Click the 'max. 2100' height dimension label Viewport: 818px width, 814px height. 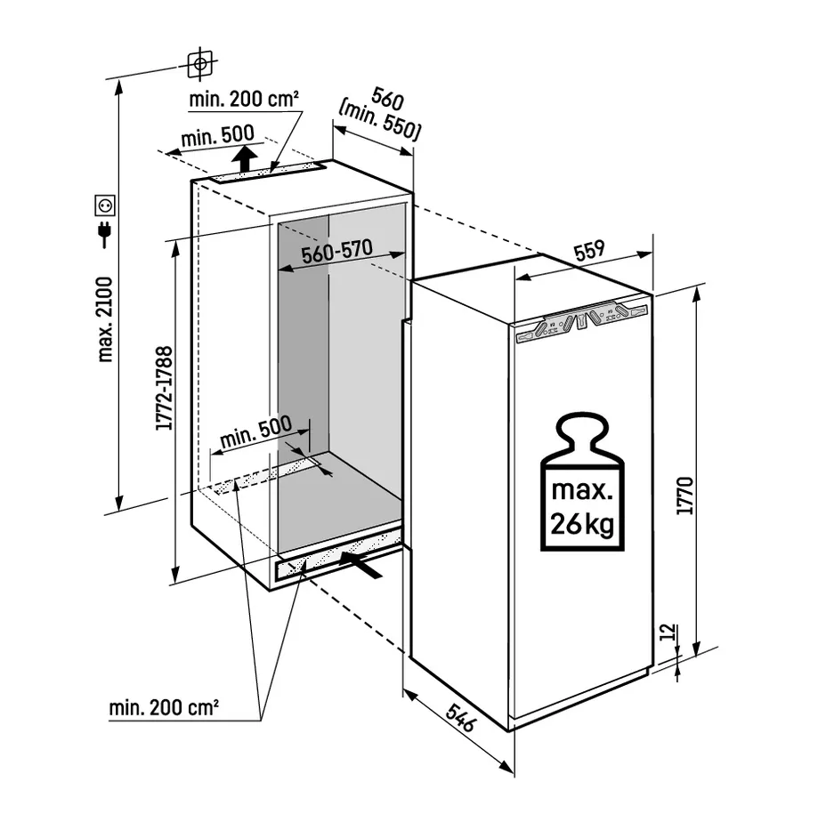pos(105,319)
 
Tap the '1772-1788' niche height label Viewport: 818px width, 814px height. pos(165,388)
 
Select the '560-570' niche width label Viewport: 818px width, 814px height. pos(337,251)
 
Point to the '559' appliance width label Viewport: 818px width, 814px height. pos(589,250)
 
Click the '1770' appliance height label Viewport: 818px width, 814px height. pos(684,496)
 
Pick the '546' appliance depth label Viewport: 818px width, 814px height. pos(460,717)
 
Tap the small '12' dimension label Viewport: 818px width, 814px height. pos(668,632)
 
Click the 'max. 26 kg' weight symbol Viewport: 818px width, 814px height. pos(582,482)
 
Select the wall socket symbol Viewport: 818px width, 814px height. pos(105,205)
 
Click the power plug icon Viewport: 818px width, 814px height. pos(105,234)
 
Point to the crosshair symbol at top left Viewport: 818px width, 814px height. pos(199,64)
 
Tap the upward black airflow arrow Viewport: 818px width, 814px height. pos(244,158)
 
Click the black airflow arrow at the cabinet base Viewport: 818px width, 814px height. pos(360,565)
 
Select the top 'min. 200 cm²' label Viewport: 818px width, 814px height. pos(244,99)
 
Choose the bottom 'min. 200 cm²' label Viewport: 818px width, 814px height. pos(163,707)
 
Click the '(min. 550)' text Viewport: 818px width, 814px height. pos(379,122)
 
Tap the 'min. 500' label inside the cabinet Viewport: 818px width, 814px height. pos(255,431)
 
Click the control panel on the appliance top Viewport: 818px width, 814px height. pos(581,322)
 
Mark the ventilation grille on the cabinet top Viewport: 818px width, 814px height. pos(267,173)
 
